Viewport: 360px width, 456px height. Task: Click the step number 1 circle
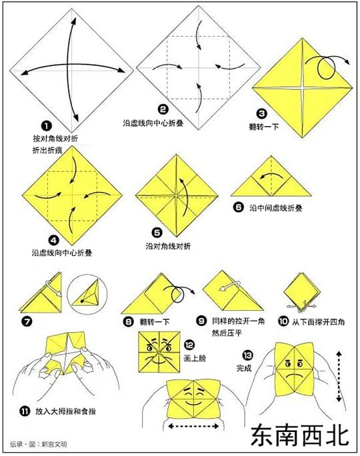[x=47, y=126]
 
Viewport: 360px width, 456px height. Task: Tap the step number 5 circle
[x=157, y=233]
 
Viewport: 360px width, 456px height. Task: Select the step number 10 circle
[x=283, y=321]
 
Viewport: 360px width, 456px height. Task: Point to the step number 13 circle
[x=248, y=355]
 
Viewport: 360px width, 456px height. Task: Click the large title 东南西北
[x=300, y=435]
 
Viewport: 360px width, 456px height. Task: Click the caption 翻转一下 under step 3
[x=264, y=127]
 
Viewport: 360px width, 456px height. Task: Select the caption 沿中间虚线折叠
[x=276, y=208]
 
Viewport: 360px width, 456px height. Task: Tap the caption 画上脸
[x=195, y=358]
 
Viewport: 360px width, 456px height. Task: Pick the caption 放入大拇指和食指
[x=65, y=411]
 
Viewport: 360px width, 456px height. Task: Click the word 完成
[x=244, y=368]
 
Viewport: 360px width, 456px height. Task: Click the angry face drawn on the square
[x=159, y=352]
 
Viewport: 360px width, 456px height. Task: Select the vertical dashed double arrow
[x=339, y=377]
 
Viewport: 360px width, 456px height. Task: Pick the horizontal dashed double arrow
[x=193, y=427]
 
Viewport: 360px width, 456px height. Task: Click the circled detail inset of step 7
[x=87, y=294]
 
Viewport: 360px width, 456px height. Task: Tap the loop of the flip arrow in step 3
[x=326, y=68]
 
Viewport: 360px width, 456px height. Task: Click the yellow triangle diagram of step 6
[x=271, y=180]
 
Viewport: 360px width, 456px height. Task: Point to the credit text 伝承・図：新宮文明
[x=39, y=444]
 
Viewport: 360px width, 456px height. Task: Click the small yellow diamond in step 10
[x=299, y=290]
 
